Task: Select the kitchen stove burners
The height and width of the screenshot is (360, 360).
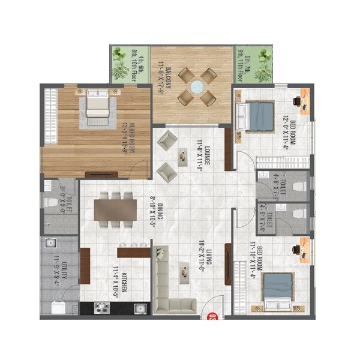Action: coord(101,308)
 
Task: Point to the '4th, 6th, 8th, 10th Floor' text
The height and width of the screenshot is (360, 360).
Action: coord(139,64)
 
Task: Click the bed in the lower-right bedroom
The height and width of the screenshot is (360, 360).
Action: coord(277,292)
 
